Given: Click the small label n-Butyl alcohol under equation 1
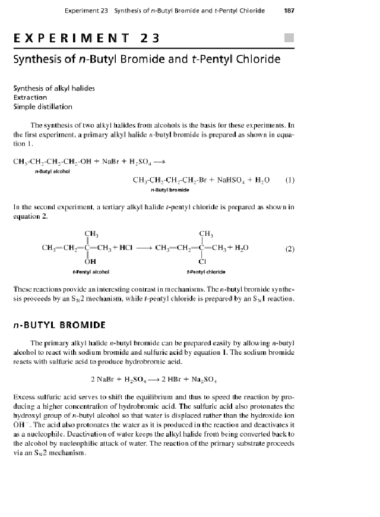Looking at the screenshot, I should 52,172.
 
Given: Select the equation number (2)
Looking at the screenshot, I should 290,248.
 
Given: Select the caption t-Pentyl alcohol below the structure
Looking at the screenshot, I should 91,270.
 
